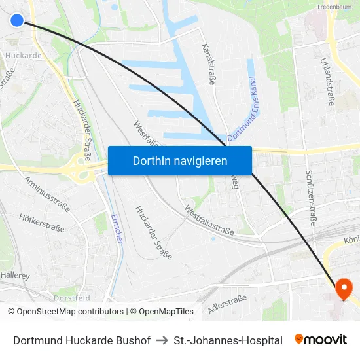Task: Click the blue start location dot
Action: click(17, 20)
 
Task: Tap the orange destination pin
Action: click(343, 289)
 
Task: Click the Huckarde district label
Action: click(24, 56)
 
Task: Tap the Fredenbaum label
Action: click(334, 7)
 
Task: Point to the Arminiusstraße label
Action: click(47, 193)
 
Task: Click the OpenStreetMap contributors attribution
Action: click(65, 312)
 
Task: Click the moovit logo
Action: click(321, 340)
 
